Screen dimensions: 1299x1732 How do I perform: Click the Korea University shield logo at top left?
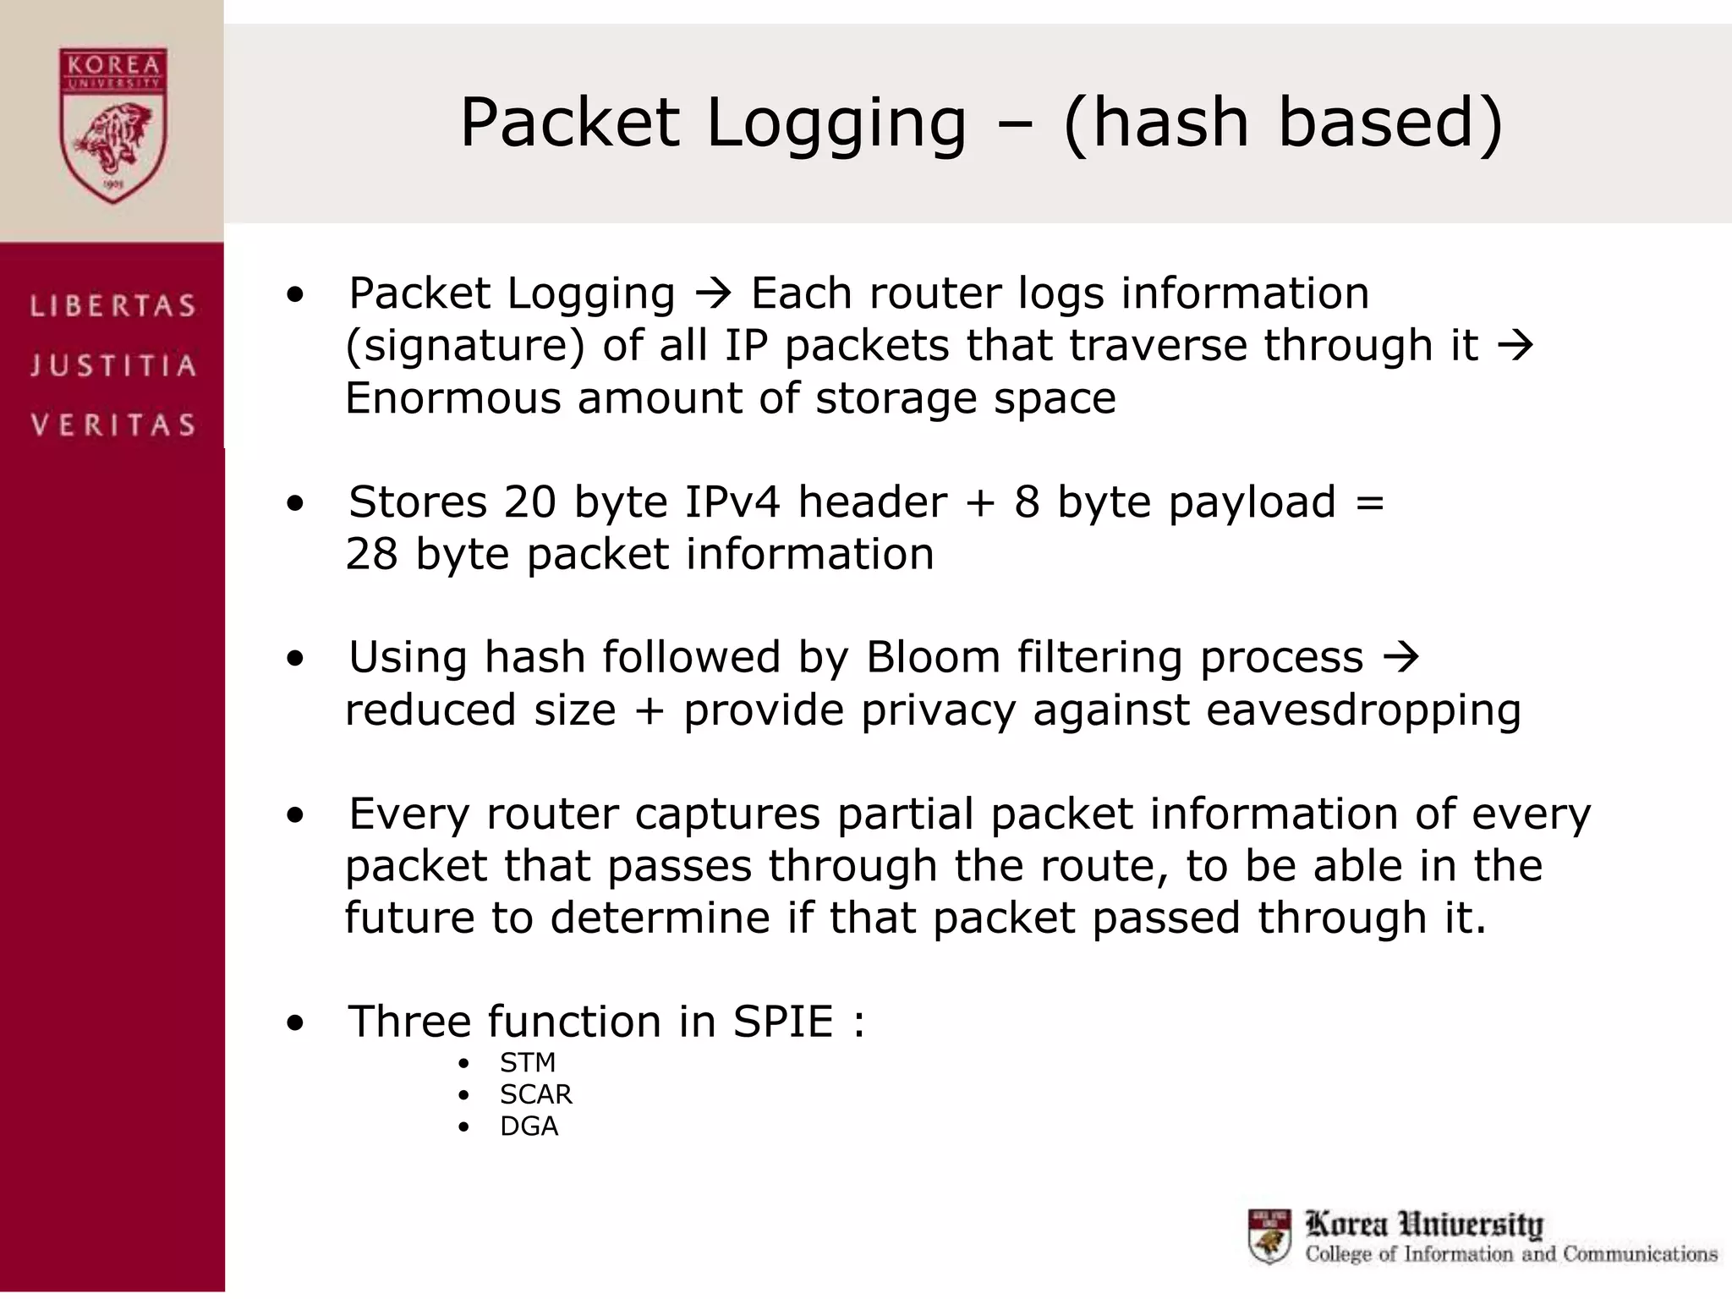click(113, 125)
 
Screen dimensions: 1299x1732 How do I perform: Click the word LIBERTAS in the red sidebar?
click(113, 305)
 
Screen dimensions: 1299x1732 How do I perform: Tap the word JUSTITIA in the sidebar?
click(113, 365)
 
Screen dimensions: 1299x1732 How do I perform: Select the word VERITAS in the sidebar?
click(113, 425)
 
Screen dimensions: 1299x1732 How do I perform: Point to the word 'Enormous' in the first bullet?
click(452, 398)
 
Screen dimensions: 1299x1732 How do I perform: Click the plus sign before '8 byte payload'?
click(980, 503)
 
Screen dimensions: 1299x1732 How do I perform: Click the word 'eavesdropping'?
click(1363, 710)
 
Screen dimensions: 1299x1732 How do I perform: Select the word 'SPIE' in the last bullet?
click(783, 1022)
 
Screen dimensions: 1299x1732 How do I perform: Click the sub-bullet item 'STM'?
click(528, 1062)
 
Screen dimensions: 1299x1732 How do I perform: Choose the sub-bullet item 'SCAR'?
click(536, 1094)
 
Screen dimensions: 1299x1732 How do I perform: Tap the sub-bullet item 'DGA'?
click(529, 1126)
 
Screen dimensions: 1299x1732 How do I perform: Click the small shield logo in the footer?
click(1269, 1236)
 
